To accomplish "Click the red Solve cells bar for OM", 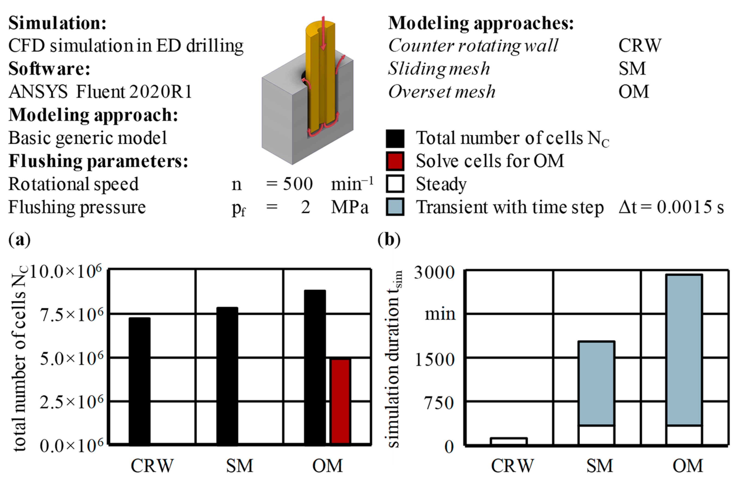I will tap(341, 402).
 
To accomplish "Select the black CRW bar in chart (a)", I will tap(140, 381).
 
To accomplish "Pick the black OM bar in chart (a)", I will tap(315, 368).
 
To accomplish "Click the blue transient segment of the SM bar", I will tap(596, 383).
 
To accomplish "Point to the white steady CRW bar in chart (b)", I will tap(509, 441).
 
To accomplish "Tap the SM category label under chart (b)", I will tap(600, 466).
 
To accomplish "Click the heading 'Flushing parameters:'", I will tap(98, 161).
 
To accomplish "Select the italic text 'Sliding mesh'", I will tap(439, 68).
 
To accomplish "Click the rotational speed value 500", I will tap(297, 184).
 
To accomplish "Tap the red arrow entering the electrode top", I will tap(323, 33).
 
